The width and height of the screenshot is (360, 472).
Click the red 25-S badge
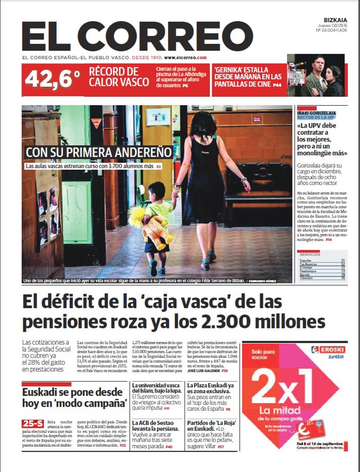[x=32, y=423]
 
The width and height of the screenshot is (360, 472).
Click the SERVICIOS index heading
[x=310, y=254]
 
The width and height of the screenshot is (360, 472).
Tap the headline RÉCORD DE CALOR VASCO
[x=119, y=76]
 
